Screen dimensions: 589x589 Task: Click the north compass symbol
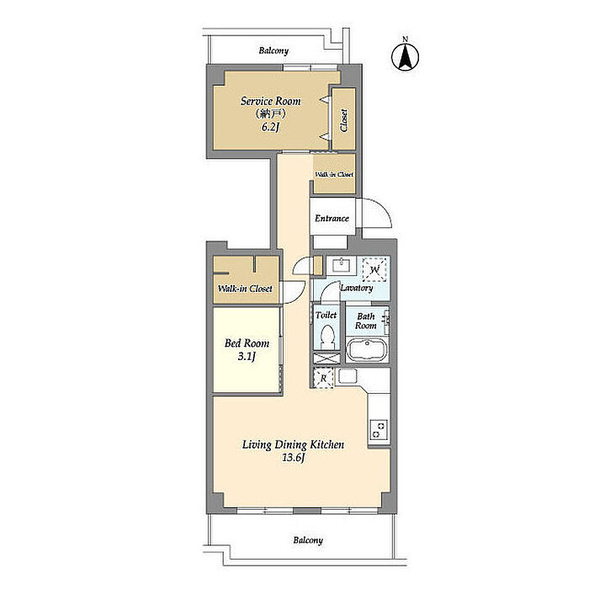point(405,56)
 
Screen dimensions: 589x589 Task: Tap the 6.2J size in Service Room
point(270,127)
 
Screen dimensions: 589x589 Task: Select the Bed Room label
point(247,343)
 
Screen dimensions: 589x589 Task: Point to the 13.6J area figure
point(293,458)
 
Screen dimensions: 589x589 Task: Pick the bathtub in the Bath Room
point(366,350)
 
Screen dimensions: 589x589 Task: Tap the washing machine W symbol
point(374,270)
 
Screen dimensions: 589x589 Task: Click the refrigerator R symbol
point(323,379)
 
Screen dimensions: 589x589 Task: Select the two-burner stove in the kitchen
point(379,430)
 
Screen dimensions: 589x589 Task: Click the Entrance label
point(332,218)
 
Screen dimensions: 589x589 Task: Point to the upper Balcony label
point(273,50)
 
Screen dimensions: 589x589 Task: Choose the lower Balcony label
point(308,540)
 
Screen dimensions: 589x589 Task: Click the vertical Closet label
point(343,120)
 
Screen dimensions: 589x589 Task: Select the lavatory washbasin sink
point(341,265)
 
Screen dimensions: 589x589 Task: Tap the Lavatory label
point(357,288)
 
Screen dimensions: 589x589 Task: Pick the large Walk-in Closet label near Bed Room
point(245,289)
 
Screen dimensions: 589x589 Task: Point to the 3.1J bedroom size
point(247,356)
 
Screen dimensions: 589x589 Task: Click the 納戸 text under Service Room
point(270,114)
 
